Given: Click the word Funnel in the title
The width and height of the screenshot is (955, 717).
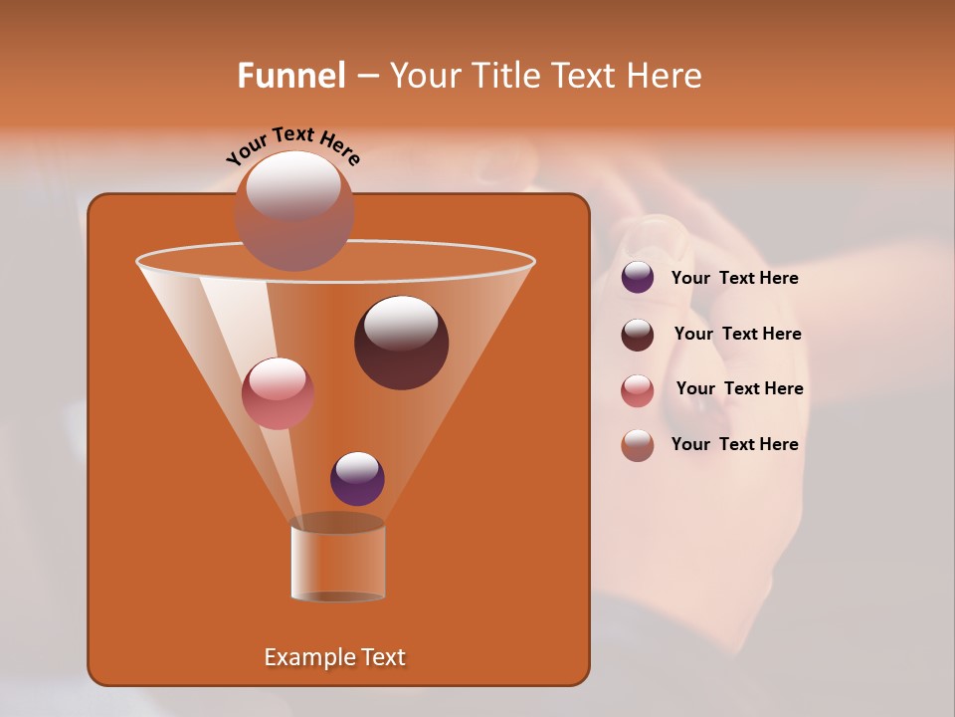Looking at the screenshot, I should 290,76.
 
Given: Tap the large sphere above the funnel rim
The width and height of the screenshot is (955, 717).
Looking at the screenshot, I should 294,210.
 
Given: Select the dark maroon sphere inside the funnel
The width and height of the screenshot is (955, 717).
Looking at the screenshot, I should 402,343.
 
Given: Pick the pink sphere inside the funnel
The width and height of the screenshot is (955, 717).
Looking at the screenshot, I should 279,393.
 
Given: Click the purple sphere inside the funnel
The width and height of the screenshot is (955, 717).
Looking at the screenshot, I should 358,478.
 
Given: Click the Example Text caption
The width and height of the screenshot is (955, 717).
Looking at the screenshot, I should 335,657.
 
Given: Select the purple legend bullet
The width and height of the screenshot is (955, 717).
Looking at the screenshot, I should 638,278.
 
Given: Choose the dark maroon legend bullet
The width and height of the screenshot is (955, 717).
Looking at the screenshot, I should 638,334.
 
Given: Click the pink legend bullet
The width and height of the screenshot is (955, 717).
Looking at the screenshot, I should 638,389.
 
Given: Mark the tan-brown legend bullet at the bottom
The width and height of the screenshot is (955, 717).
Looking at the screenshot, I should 638,445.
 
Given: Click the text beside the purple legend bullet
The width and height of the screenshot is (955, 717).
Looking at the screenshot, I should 735,279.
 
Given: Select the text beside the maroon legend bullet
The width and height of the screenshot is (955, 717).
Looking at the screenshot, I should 737,335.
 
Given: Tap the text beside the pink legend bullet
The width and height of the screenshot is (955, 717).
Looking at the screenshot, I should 739,389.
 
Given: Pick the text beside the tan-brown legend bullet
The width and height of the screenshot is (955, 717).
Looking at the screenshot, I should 735,444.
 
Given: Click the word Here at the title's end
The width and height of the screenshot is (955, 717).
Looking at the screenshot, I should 666,76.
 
